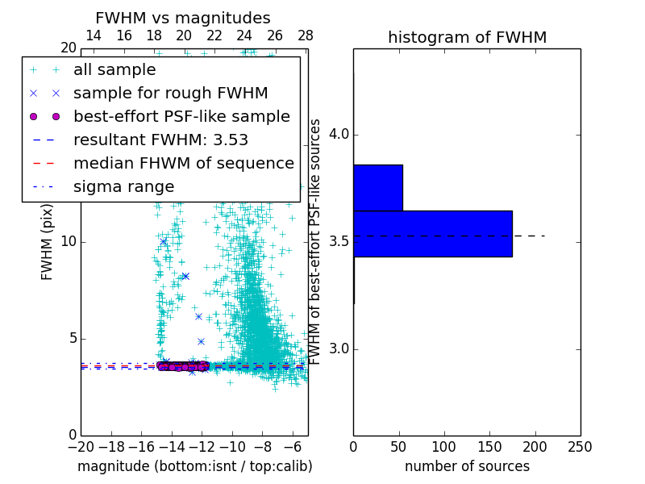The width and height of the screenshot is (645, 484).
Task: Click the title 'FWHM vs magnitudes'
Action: point(183,18)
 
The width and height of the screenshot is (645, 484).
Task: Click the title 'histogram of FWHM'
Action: point(467,37)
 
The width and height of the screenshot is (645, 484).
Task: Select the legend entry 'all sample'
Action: point(114,70)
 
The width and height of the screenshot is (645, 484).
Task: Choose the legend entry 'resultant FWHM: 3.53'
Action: point(160,140)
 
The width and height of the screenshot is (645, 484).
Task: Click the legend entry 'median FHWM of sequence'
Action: point(183,164)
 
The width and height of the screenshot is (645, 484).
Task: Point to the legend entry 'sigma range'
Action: point(123,187)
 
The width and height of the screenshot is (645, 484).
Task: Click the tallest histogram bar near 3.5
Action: point(432,233)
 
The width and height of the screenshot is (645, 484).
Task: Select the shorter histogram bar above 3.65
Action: point(377,188)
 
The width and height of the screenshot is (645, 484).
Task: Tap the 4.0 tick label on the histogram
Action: point(336,134)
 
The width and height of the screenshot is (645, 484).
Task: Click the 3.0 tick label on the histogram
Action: point(336,349)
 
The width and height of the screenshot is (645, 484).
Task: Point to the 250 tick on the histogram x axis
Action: point(580,446)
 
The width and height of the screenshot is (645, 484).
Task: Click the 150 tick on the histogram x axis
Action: point(489,446)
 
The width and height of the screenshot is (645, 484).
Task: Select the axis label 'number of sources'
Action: point(467,466)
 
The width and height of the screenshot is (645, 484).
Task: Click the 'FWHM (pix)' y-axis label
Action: point(48,242)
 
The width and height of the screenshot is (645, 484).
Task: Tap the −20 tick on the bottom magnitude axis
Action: point(81,446)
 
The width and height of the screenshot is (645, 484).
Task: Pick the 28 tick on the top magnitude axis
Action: point(305,35)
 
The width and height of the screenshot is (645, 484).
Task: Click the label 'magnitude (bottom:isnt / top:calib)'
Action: point(194,466)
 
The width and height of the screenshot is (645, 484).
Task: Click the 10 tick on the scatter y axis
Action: point(69,242)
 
